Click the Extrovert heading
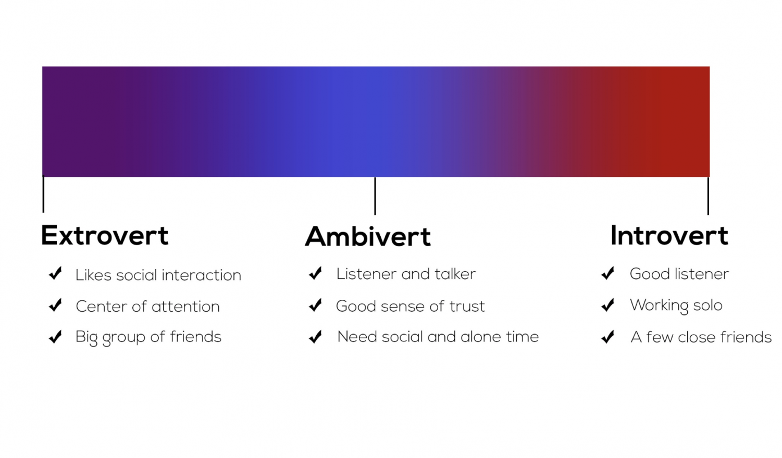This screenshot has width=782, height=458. [x=105, y=236]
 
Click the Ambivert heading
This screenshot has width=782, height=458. [x=368, y=237]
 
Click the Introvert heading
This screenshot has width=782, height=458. [x=669, y=236]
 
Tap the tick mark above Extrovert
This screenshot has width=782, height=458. [x=43, y=194]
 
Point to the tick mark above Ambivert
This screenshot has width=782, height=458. [x=375, y=196]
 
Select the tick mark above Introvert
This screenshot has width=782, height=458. [x=708, y=196]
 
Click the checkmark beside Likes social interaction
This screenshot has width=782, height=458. [x=55, y=274]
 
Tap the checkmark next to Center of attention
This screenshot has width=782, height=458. [x=55, y=306]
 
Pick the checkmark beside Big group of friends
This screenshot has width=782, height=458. [x=55, y=337]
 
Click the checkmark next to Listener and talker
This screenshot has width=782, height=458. [x=315, y=274]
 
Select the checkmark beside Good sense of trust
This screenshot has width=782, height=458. [x=315, y=306]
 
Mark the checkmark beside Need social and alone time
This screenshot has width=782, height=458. [x=315, y=337]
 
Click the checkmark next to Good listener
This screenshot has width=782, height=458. [x=607, y=274]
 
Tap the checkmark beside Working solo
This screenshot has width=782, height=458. [x=607, y=306]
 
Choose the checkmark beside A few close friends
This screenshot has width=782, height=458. [x=607, y=337]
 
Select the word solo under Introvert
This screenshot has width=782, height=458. [x=707, y=306]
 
